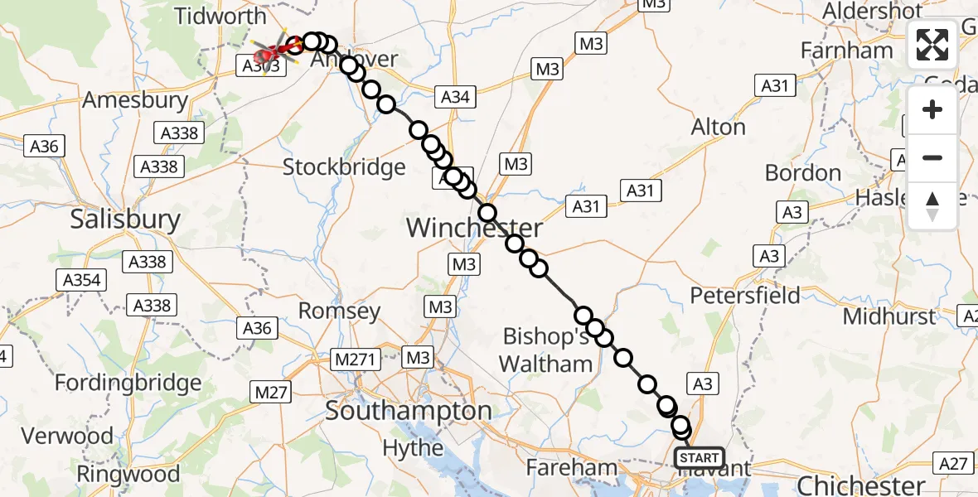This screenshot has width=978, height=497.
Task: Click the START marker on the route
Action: pos(700,458)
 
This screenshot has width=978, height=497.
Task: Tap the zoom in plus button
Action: pos(932,109)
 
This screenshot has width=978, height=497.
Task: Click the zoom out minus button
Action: pos(932,157)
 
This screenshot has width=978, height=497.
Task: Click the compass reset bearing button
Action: pos(932,205)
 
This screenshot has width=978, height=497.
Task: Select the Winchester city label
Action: pos(475,228)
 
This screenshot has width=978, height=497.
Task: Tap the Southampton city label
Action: pos(409,411)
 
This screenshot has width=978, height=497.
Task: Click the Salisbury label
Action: pos(125,220)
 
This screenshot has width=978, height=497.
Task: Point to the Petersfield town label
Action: pos(745,296)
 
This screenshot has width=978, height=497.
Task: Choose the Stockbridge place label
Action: pos(344,167)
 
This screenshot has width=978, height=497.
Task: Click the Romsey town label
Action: pos(339,311)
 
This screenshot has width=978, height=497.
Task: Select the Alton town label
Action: pos(719,128)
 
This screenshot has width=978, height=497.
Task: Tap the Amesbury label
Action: pos(135,101)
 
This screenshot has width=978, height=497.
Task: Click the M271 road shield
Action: pos(356,359)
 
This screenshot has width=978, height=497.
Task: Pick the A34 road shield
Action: pos(455,97)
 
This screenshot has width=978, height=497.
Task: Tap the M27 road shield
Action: pos(271,392)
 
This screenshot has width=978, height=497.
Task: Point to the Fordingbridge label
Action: pos(128,384)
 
